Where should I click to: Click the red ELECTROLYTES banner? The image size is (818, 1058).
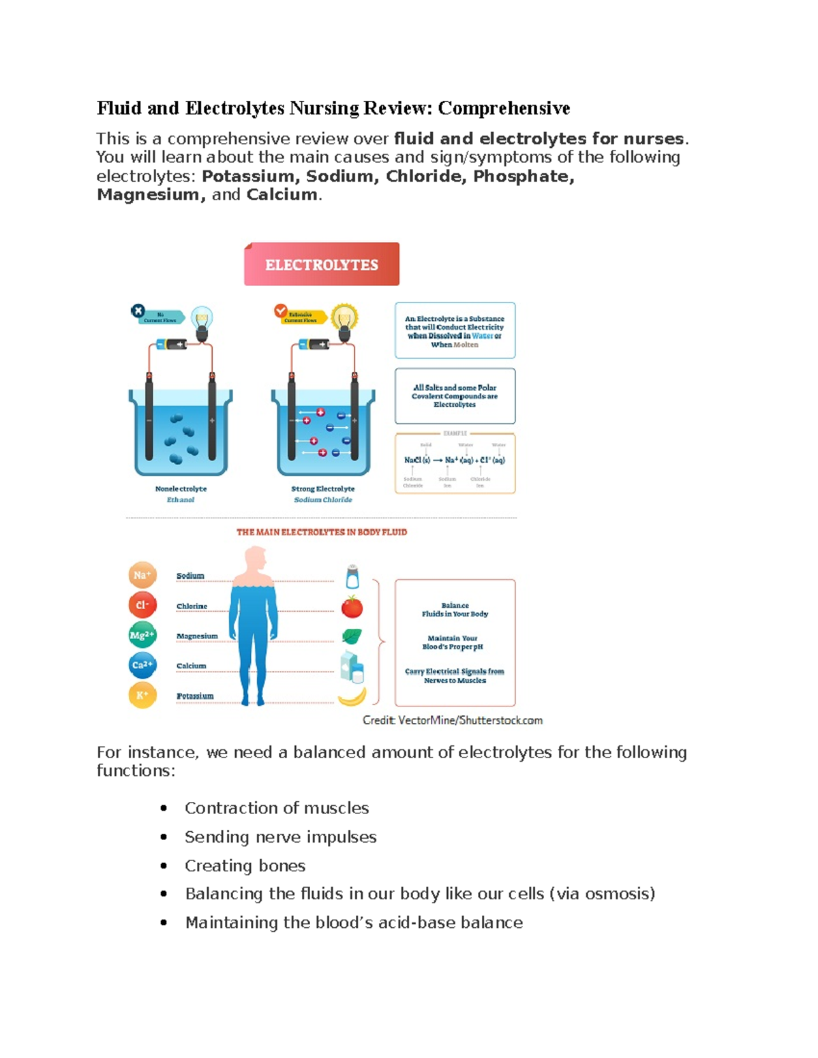point(322,264)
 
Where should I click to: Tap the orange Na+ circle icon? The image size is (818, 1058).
point(142,575)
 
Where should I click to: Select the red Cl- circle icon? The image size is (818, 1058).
point(142,605)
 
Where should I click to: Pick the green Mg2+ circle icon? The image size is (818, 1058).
point(142,635)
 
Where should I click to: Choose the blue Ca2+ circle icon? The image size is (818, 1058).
point(142,665)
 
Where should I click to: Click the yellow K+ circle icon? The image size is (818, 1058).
point(142,695)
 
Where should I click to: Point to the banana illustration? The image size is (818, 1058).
point(352,696)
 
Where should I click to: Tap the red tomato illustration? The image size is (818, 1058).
point(352,606)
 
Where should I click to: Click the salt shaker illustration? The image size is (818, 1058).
point(352,576)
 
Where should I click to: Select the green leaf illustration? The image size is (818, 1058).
point(352,636)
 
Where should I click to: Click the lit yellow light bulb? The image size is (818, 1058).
point(344,317)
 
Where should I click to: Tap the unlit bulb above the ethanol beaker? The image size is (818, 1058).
point(202,318)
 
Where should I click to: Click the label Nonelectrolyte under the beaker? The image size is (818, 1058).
point(181,488)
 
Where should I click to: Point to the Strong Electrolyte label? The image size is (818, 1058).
point(322,488)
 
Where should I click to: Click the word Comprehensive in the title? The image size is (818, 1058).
point(504,108)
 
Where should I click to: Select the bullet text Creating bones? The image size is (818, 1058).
point(245,865)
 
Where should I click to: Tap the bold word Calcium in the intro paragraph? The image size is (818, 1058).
point(282,195)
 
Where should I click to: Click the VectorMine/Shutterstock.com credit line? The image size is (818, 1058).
point(453,720)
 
